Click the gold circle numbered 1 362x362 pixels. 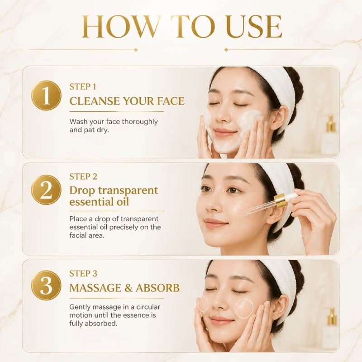pos(46,95)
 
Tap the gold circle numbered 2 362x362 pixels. pos(46,190)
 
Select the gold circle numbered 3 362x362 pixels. pos(46,286)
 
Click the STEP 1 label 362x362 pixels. pos(83,87)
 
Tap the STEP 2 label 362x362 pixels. pos(83,176)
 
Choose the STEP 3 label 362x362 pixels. pos(83,274)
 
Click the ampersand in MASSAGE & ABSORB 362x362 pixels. pos(127,288)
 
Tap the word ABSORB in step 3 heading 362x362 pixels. pos(157,288)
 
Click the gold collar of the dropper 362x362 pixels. pos(280,201)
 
